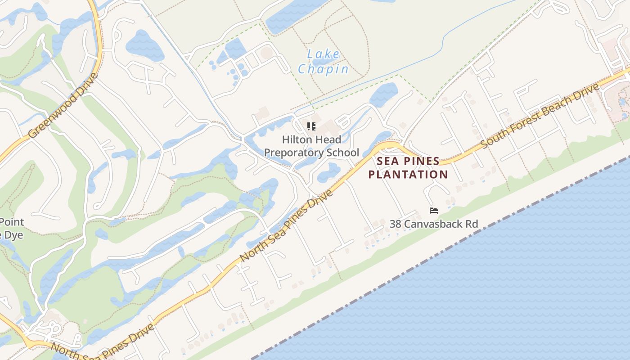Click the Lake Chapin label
323,62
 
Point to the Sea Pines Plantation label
408,168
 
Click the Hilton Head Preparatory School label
311,146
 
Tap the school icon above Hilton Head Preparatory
311,126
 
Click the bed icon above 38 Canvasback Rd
434,210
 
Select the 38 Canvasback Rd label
434,224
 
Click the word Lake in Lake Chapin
323,54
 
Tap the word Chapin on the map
323,69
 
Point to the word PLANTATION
408,174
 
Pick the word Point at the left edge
12,222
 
